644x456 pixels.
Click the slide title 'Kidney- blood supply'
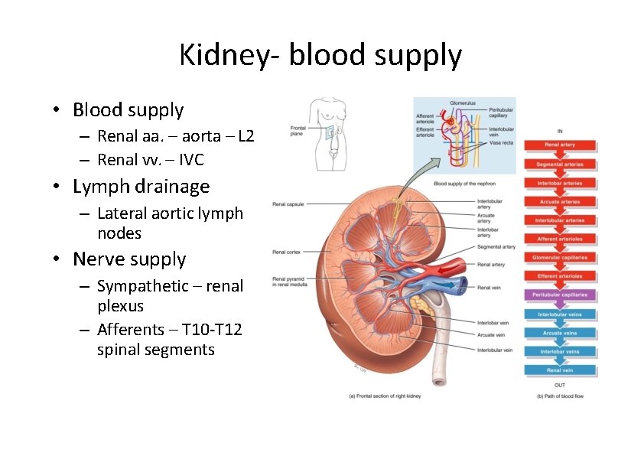click(320, 55)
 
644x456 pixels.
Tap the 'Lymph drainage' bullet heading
click(141, 186)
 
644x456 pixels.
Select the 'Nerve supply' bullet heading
click(128, 259)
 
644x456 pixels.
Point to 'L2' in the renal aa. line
click(245, 136)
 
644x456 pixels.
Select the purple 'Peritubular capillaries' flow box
click(560, 295)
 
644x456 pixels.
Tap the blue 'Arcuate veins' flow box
click(560, 333)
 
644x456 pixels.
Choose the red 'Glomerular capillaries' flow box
click(560, 258)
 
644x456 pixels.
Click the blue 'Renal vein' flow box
click(560, 370)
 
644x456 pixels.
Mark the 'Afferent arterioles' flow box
click(560, 239)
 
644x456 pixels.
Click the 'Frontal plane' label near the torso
click(297, 131)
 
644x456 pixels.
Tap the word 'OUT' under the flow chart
click(560, 385)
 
